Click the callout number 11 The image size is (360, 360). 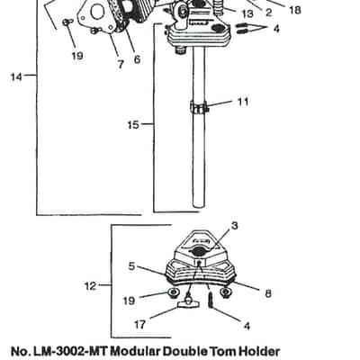(x=243, y=102)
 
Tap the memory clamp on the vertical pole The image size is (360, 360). (x=199, y=108)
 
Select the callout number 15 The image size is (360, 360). (x=133, y=124)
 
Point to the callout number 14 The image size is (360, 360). (x=16, y=77)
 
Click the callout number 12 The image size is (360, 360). (x=90, y=286)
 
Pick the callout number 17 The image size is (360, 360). (x=139, y=324)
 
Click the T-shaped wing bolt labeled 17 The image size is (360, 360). (x=188, y=302)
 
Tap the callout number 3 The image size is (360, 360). (x=235, y=226)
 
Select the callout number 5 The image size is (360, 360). (x=131, y=266)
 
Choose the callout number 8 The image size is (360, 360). (x=268, y=293)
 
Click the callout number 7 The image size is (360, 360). (x=121, y=64)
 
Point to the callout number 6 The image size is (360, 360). (x=137, y=59)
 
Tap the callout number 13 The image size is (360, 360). (x=247, y=13)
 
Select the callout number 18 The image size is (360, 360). (x=295, y=10)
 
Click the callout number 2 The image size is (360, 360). (x=268, y=13)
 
